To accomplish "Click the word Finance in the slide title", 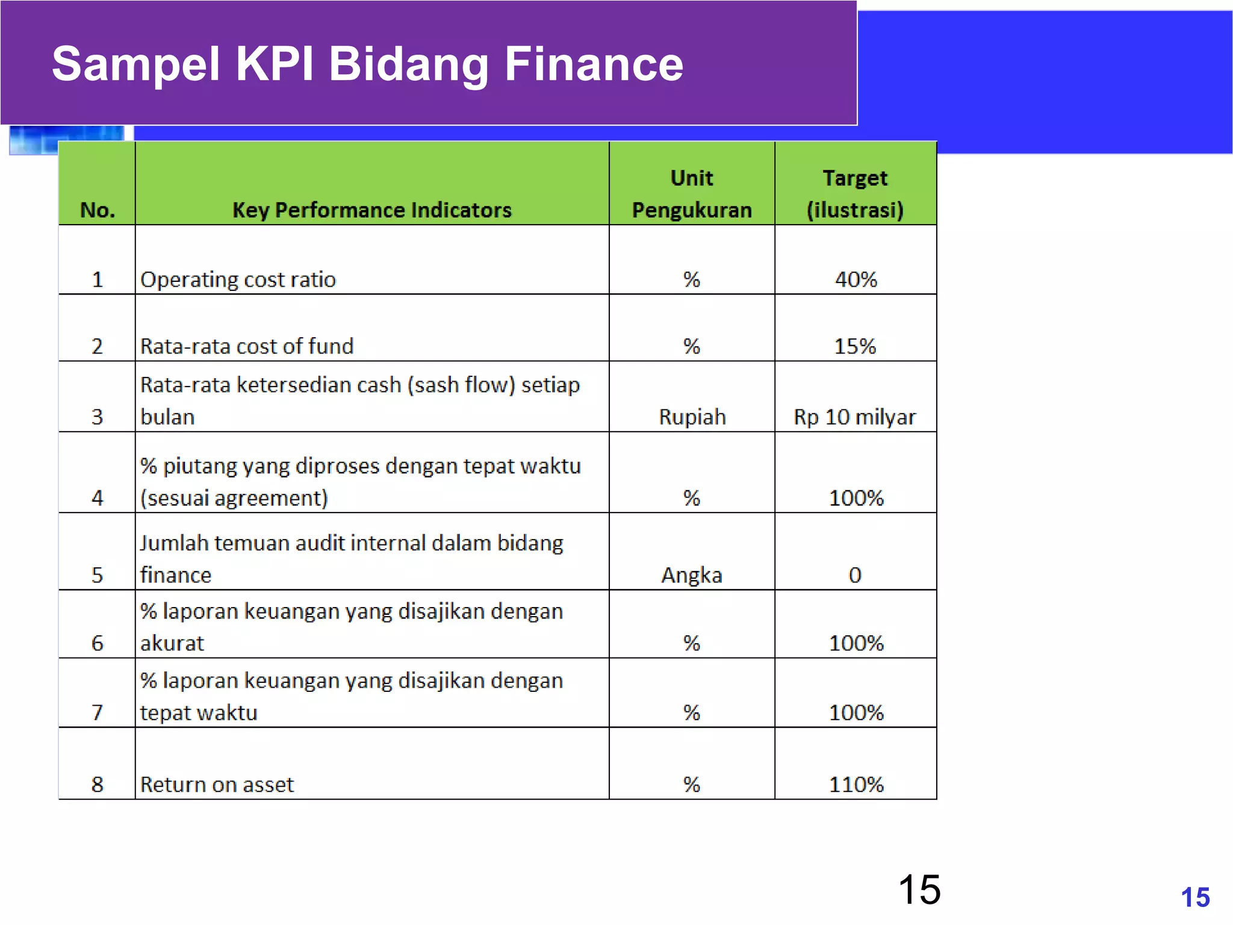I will click(594, 64).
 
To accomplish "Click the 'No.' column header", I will click(97, 210).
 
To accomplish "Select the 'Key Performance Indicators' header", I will click(371, 210).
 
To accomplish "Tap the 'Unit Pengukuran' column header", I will click(691, 194).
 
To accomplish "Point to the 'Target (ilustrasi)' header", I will click(855, 194).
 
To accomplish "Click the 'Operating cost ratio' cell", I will click(238, 279).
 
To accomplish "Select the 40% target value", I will click(856, 279).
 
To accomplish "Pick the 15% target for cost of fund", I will click(855, 346).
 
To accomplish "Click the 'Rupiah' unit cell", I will click(692, 417).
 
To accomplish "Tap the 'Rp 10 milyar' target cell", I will click(855, 417).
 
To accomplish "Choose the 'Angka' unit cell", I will click(691, 575).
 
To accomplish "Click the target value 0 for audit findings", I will click(855, 575).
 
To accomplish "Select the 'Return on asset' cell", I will click(217, 784).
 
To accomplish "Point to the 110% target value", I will click(856, 784).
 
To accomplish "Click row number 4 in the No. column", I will click(97, 498).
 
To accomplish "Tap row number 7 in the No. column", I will click(97, 712).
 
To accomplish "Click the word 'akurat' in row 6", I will click(172, 643).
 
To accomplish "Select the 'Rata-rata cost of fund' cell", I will click(247, 346).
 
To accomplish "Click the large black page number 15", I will click(919, 889).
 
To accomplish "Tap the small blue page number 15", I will click(1195, 897).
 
